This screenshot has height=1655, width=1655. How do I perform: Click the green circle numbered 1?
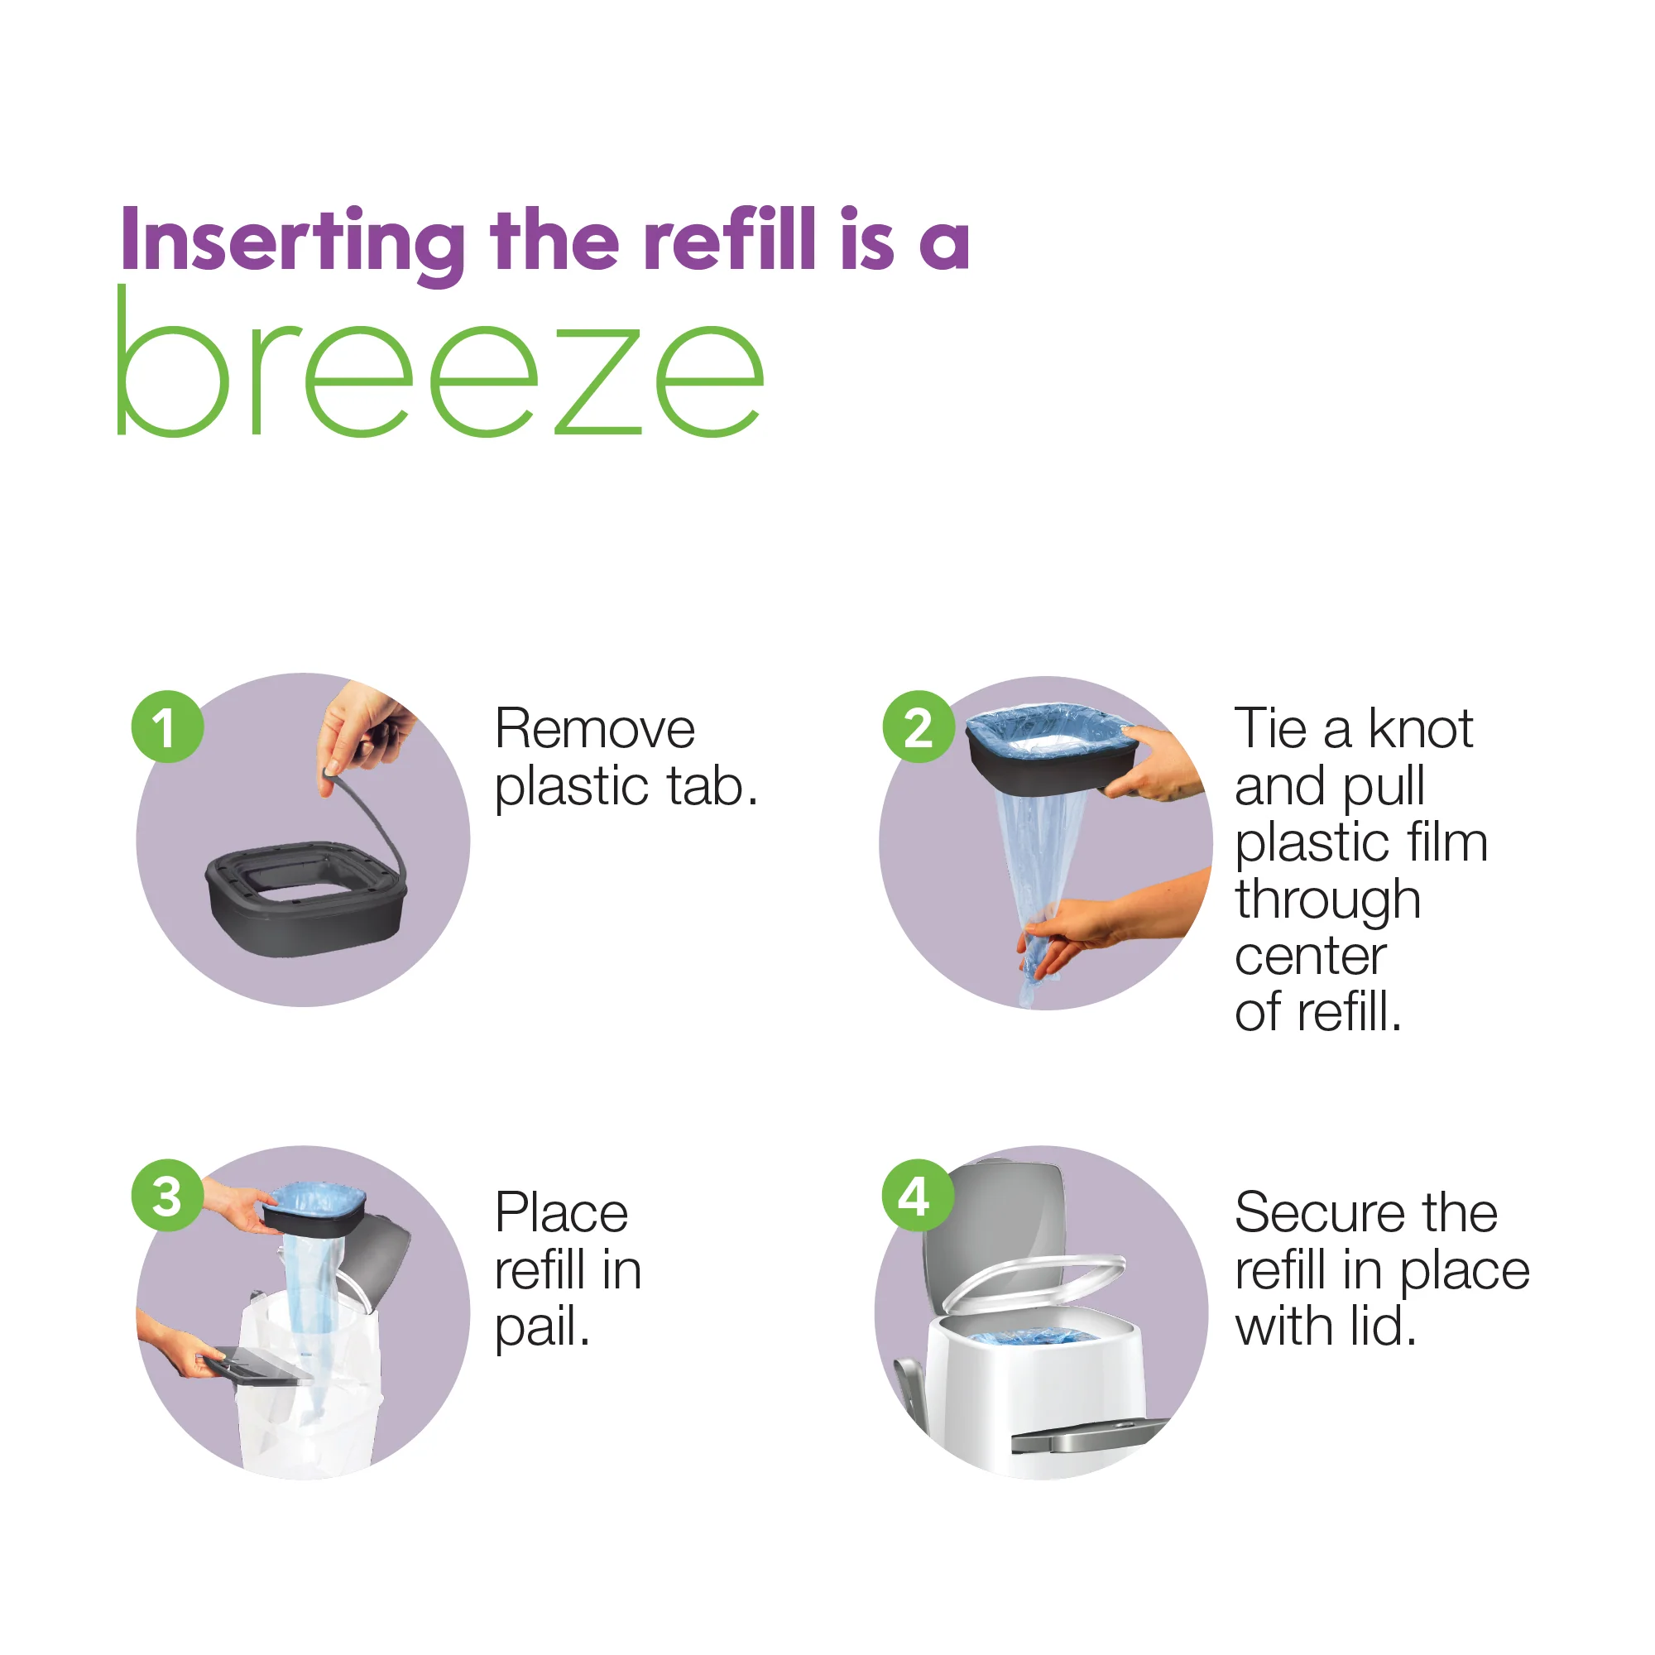[x=167, y=727]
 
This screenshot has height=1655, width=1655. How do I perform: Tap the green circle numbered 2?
[x=919, y=727]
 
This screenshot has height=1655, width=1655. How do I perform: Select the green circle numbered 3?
[x=167, y=1196]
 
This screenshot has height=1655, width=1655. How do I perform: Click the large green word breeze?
[x=439, y=368]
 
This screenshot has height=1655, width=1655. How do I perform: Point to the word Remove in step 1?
[x=594, y=730]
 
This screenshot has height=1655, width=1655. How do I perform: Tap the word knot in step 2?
[x=1420, y=730]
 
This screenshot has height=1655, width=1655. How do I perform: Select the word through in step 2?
[x=1328, y=901]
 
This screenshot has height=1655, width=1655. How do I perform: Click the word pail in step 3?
[x=541, y=1328]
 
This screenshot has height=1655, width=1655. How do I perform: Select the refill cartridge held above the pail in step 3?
[x=315, y=1211]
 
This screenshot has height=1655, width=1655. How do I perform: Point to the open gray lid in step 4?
[x=994, y=1216]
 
